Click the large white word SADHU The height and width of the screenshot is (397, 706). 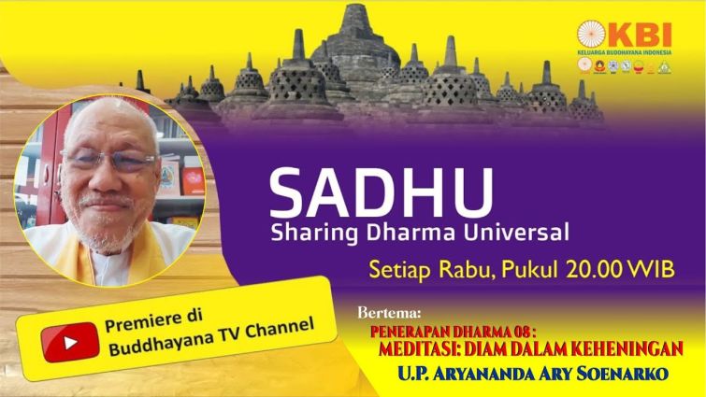(381, 193)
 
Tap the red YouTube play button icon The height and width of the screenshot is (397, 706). (70, 343)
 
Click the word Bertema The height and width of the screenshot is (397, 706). (390, 312)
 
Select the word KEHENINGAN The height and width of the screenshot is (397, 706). (625, 348)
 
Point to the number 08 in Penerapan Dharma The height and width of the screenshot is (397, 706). (522, 332)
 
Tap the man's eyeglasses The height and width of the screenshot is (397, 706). (109, 159)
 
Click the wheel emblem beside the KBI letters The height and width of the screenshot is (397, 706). (591, 35)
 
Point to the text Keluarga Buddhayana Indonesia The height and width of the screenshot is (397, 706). (624, 52)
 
